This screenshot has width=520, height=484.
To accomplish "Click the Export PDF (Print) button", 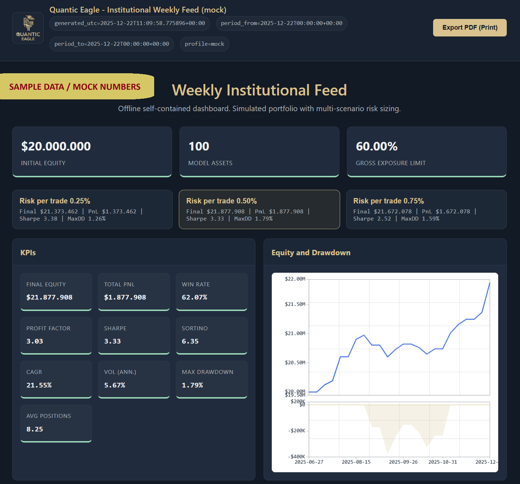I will click(470, 28).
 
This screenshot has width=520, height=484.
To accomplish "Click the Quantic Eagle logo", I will click(28, 28).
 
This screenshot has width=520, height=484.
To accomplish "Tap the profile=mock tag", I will click(204, 44).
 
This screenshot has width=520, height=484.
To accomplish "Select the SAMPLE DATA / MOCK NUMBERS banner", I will click(75, 87).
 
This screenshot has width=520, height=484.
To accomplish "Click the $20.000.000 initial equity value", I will click(56, 146).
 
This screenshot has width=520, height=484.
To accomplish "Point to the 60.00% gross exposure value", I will click(377, 146).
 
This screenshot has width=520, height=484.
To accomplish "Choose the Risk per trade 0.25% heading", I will click(55, 201).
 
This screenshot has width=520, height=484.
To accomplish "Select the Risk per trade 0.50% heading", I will click(221, 201).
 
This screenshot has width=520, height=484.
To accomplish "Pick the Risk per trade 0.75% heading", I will click(388, 201).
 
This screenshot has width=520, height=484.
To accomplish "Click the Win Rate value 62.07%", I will click(195, 297).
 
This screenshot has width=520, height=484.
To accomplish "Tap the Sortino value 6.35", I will click(190, 341).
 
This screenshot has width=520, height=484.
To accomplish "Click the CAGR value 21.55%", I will click(39, 385).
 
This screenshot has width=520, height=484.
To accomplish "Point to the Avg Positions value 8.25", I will click(35, 429).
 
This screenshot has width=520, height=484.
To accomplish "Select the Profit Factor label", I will click(48, 328).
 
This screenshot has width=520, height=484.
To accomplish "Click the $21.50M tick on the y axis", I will click(295, 304).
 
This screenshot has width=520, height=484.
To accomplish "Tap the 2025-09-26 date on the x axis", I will click(403, 462).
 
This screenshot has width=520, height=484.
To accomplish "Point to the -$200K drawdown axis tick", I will click(296, 431).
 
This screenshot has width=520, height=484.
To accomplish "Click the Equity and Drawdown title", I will click(311, 253).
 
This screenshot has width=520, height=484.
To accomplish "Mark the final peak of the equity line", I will click(490, 283).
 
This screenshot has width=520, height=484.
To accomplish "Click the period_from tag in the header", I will click(281, 23).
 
